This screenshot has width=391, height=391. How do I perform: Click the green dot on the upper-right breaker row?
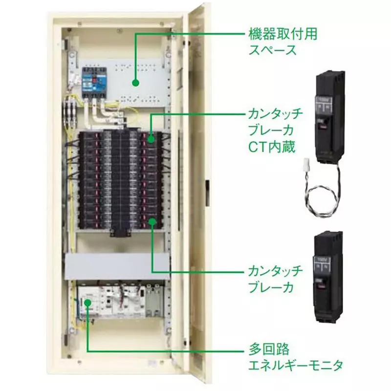tap(151, 139)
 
